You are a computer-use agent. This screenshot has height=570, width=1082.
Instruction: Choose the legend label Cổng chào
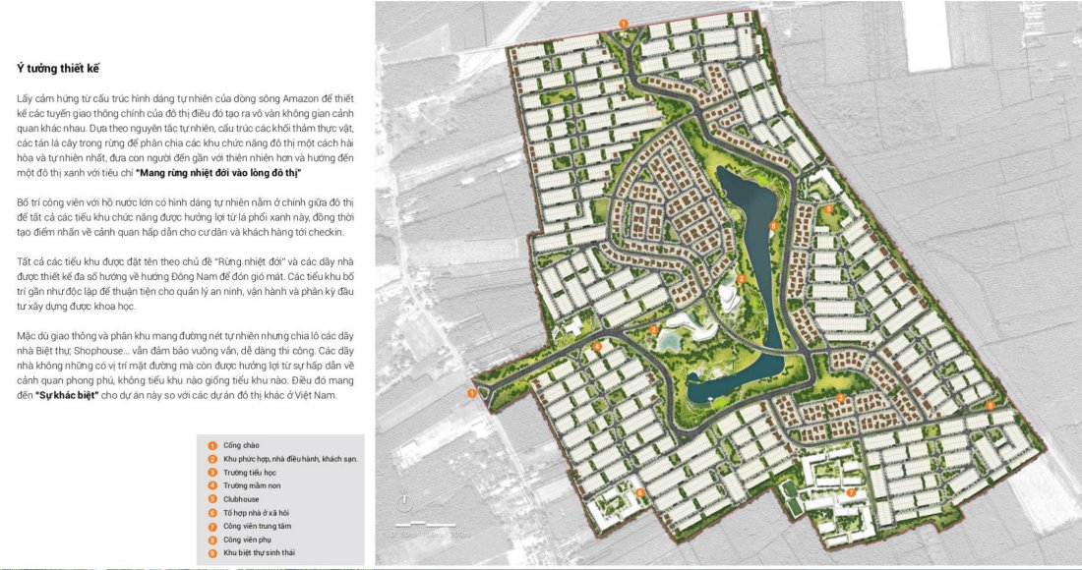pyautogui.click(x=241, y=445)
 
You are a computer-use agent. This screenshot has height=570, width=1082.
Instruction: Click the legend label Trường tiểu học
pyautogui.click(x=250, y=472)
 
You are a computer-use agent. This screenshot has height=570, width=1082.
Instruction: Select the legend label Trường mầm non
pyautogui.click(x=249, y=485)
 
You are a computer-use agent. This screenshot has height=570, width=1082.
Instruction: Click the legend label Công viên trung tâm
pyautogui.click(x=258, y=526)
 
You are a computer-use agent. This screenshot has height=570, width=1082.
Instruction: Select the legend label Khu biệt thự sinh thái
pyautogui.click(x=260, y=553)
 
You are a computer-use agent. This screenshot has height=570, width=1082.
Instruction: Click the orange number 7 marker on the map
pyautogui.click(x=850, y=491)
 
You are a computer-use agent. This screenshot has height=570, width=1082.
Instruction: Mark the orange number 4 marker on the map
pyautogui.click(x=598, y=347)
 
